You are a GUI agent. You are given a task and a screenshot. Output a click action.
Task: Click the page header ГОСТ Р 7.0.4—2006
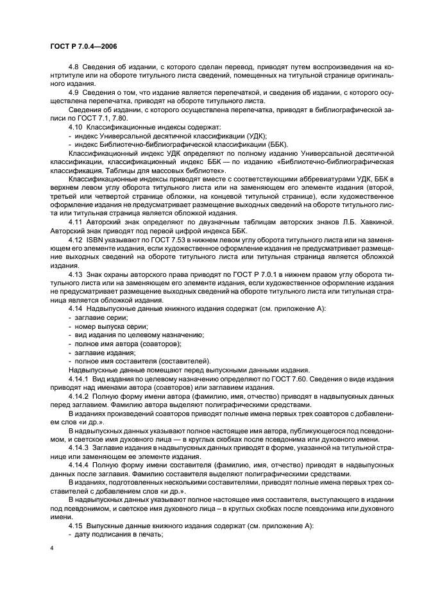click(80, 47)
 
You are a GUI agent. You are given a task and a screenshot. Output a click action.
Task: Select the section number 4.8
click(75, 67)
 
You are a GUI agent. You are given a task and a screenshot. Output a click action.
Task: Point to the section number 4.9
click(75, 92)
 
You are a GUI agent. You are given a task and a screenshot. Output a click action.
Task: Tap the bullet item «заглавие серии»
click(101, 317)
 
